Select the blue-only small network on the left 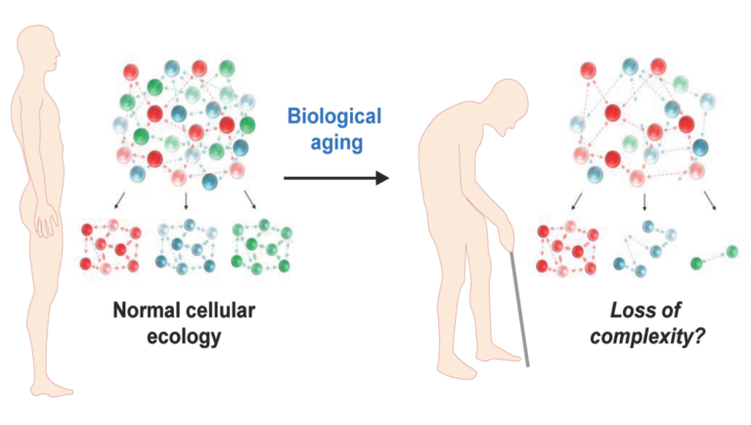pyautogui.click(x=187, y=250)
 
